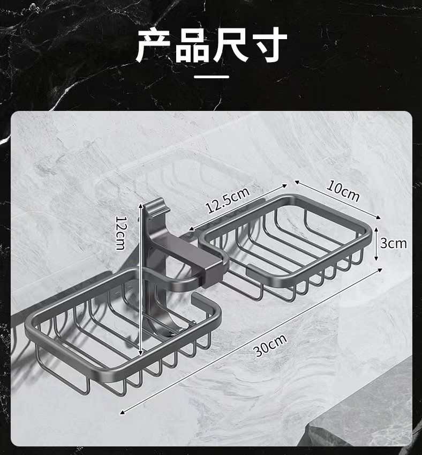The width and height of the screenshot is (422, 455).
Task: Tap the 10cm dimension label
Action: pos(343,191)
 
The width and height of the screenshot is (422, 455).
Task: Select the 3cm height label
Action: pos(394,244)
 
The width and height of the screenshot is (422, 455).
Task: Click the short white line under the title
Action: pos(211,77)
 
